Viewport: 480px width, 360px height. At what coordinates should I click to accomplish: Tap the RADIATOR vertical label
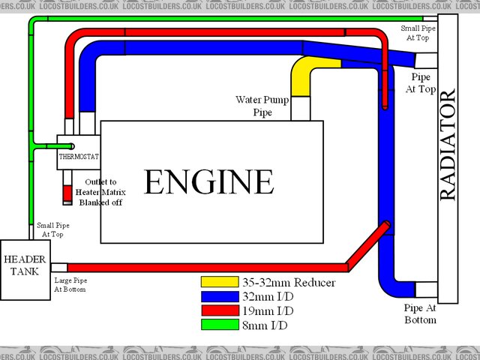(447, 145)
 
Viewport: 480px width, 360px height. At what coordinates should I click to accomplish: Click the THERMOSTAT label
(79, 157)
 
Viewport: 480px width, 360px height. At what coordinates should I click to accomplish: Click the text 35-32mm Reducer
(289, 283)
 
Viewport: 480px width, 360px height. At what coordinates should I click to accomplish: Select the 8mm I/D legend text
(265, 325)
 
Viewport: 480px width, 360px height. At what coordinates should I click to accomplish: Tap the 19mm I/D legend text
(268, 311)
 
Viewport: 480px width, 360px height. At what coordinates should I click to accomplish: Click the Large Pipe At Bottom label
(70, 286)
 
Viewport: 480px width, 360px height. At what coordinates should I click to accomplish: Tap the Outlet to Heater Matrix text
(105, 193)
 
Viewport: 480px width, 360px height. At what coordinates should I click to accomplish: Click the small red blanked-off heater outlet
(67, 193)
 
